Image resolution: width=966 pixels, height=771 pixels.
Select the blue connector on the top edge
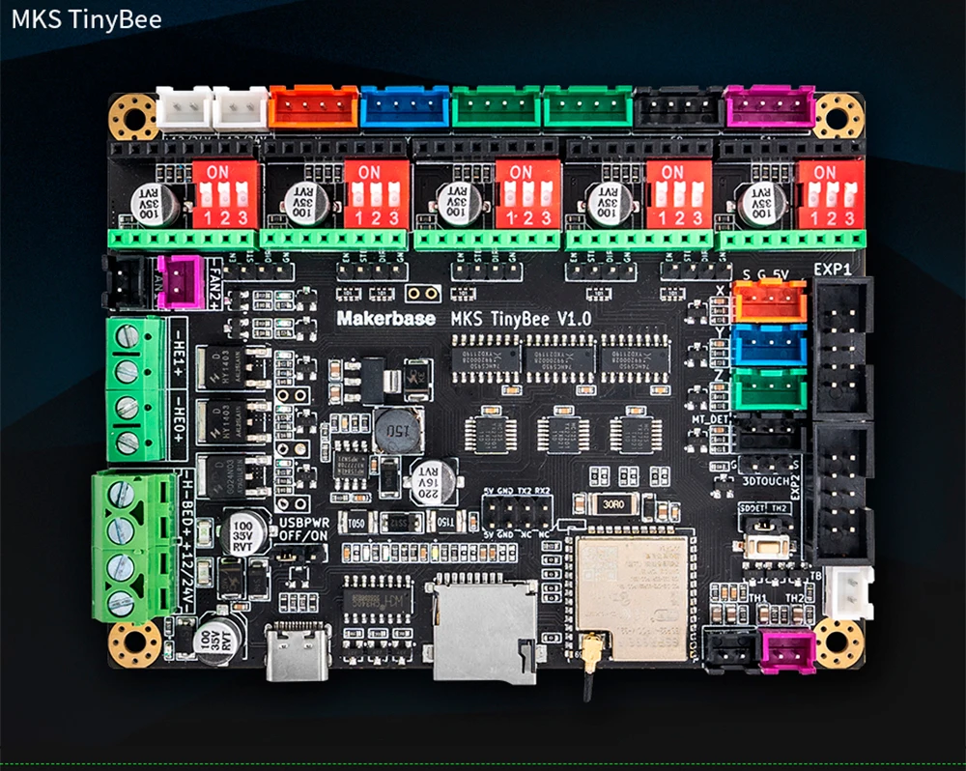pyautogui.click(x=405, y=106)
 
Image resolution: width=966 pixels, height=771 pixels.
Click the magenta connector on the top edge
pyautogui.click(x=768, y=106)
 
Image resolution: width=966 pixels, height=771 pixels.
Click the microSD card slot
pyautogui.click(x=484, y=627)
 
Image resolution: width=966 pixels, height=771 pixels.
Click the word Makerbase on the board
pyautogui.click(x=383, y=317)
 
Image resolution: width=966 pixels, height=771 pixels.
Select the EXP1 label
pyautogui.click(x=832, y=268)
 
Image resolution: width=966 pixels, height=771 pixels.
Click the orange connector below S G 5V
pyautogui.click(x=770, y=301)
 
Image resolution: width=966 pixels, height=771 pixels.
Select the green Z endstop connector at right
pyautogui.click(x=770, y=391)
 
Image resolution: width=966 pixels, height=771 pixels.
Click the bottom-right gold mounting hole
pyautogui.click(x=838, y=642)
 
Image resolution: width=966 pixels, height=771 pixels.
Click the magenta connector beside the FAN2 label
pyautogui.click(x=180, y=281)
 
